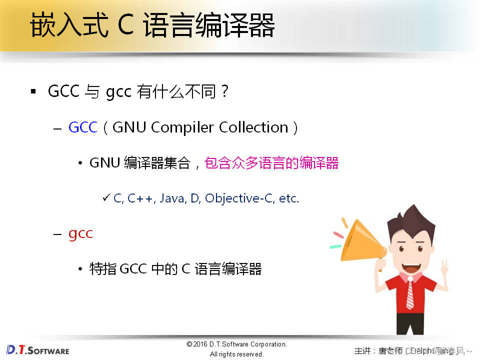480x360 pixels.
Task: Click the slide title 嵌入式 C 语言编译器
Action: point(152,26)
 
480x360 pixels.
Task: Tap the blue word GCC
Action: point(82,127)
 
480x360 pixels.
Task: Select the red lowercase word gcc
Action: point(80,233)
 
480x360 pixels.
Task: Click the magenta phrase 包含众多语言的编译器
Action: point(271,163)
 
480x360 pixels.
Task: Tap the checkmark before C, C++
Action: point(106,198)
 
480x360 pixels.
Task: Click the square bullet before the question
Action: point(33,91)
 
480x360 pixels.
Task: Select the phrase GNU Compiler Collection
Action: point(200,127)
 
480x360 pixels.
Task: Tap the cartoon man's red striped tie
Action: point(410,293)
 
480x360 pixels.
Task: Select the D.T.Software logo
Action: point(37,349)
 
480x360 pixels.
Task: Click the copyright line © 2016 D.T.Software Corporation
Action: point(236,344)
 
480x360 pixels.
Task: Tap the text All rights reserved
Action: point(236,354)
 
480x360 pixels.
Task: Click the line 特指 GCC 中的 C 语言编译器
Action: point(175,269)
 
